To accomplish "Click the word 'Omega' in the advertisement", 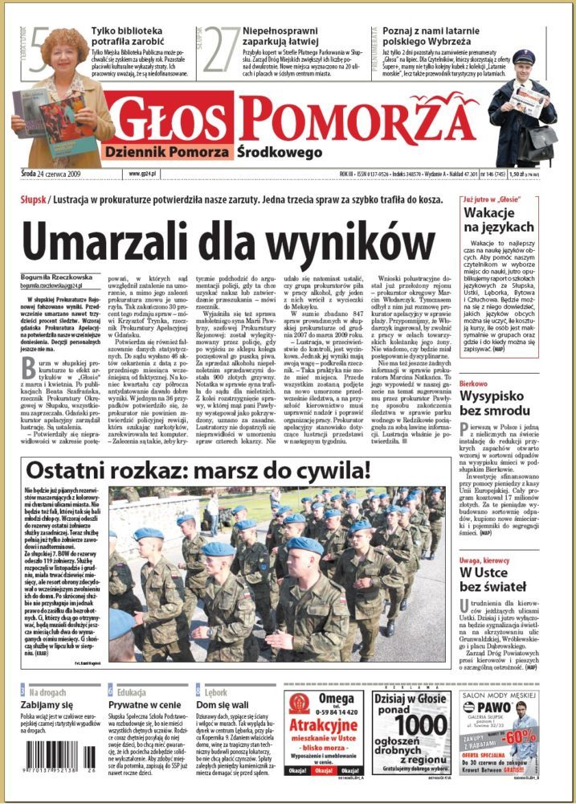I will pos(336,698).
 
